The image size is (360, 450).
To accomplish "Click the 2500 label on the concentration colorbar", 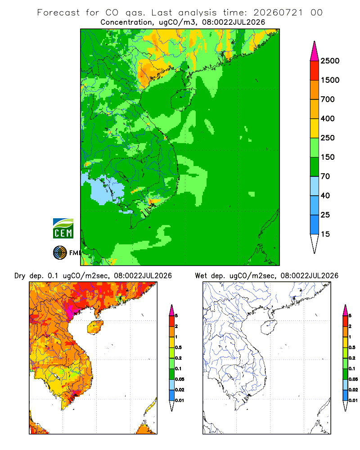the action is (x=330, y=61).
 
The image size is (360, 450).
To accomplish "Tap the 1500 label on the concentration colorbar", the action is (x=330, y=80).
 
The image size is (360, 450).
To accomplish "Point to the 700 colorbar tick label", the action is (x=328, y=99).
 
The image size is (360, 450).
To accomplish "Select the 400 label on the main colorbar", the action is (x=328, y=118).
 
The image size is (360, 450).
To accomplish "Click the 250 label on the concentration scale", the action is (x=328, y=138).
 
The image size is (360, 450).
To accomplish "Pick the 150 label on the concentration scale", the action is (x=328, y=157).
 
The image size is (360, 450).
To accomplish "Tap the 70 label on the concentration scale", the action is (x=325, y=176).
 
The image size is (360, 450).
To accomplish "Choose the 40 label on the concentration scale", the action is (x=325, y=195).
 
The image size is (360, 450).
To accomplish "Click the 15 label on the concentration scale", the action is (x=325, y=234).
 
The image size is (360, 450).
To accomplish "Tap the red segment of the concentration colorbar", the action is (x=315, y=71).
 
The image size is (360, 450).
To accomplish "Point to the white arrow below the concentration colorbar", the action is (x=315, y=243).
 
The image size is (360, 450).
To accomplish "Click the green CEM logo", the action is (x=63, y=229).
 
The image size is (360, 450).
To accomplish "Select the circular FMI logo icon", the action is (x=60, y=253).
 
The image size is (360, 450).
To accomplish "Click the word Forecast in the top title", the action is (x=58, y=13).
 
